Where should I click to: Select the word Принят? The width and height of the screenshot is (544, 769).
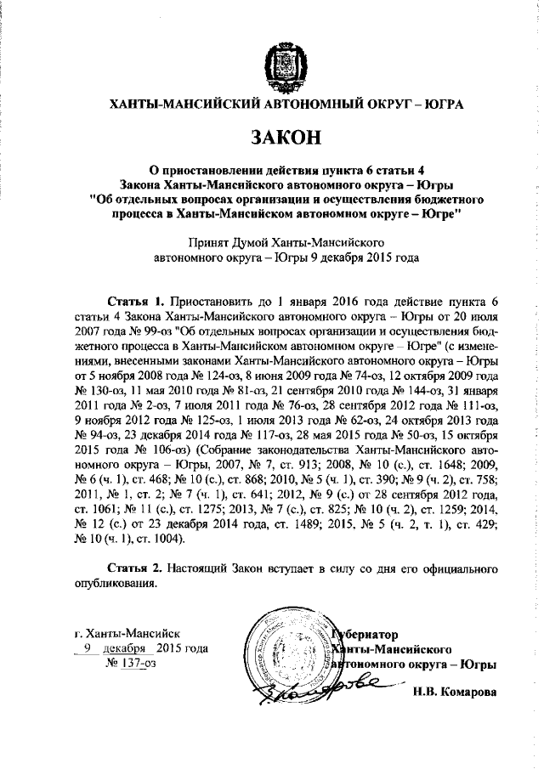pos(217,240)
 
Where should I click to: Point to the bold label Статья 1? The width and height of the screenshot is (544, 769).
pos(135,302)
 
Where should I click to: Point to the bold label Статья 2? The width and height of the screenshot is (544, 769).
pos(135,567)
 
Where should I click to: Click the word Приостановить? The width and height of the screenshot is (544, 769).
pos(209,302)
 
